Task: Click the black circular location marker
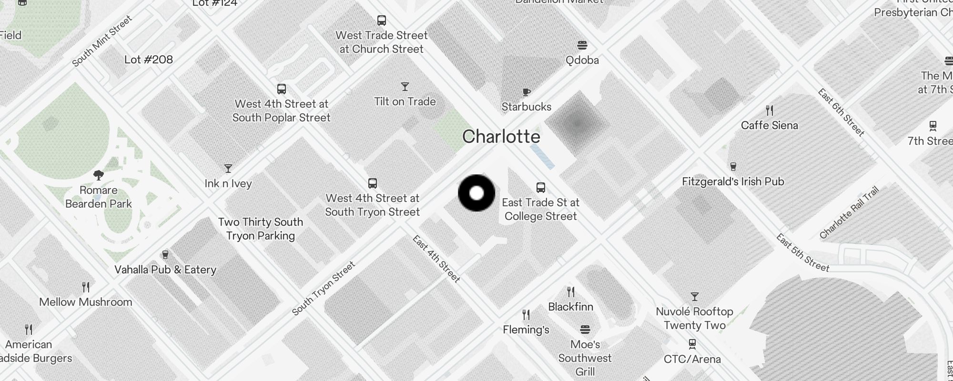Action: pyautogui.click(x=476, y=193)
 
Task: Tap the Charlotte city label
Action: pyautogui.click(x=501, y=137)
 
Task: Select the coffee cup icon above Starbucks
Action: pyautogui.click(x=526, y=92)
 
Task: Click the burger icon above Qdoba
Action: pyautogui.click(x=582, y=45)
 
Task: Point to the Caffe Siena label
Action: pyautogui.click(x=769, y=125)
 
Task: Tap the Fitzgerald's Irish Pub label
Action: pyautogui.click(x=733, y=181)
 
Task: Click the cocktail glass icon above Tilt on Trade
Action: pyautogui.click(x=405, y=87)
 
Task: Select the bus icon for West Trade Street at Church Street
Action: pyautogui.click(x=381, y=20)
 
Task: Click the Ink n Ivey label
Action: pyautogui.click(x=228, y=183)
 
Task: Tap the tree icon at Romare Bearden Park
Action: pyautogui.click(x=99, y=175)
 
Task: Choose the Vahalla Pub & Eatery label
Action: pyautogui.click(x=165, y=270)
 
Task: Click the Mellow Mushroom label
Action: pyautogui.click(x=86, y=302)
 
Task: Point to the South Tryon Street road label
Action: pyautogui.click(x=324, y=288)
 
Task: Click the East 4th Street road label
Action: pyautogui.click(x=436, y=259)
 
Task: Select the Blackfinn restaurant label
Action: pyautogui.click(x=570, y=307)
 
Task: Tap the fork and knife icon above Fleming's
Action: pyautogui.click(x=526, y=315)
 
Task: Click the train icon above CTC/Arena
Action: pyautogui.click(x=692, y=344)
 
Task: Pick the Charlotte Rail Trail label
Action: pyautogui.click(x=849, y=213)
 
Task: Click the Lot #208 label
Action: pyautogui.click(x=148, y=60)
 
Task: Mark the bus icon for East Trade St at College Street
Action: pyautogui.click(x=540, y=187)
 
